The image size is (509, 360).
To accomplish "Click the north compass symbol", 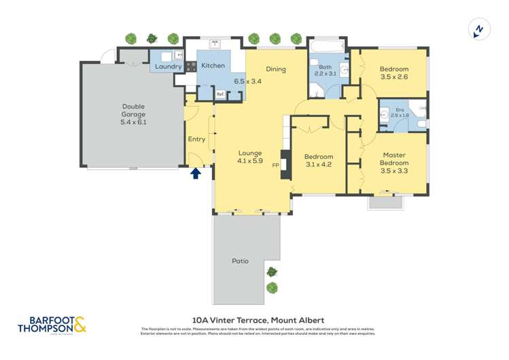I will click(479, 29).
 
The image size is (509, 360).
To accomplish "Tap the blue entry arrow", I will click(196, 173).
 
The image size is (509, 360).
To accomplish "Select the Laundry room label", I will click(168, 67).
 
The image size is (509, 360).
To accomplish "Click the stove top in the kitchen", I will click(191, 67).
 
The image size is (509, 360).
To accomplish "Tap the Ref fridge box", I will click(220, 94).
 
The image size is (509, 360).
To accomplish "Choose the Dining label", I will click(276, 69).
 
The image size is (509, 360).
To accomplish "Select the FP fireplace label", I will click(276, 165).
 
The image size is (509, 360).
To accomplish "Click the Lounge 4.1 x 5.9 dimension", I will click(250, 161).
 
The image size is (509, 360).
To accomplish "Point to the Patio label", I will click(240, 261).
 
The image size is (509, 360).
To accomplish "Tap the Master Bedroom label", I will click(394, 159).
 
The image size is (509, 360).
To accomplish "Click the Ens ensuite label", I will click(400, 109).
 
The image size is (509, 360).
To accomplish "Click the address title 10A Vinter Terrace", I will click(258, 320).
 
